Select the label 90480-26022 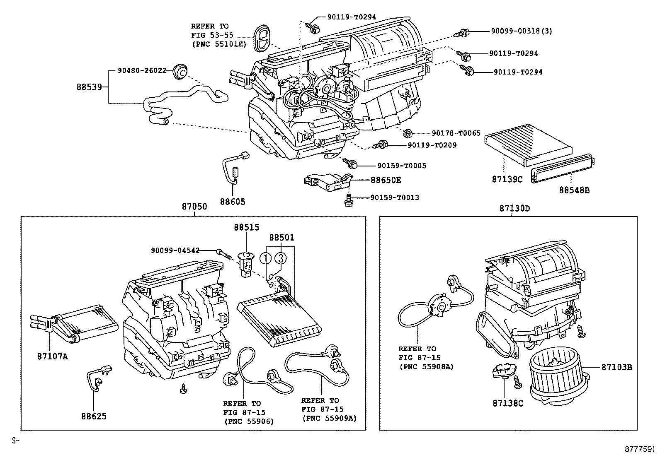pyautogui.click(x=142, y=71)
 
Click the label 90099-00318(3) pyautogui.click(x=522, y=31)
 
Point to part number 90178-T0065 pyautogui.click(x=456, y=133)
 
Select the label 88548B pyautogui.click(x=574, y=190)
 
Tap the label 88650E pyautogui.click(x=386, y=180)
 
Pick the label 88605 pyautogui.click(x=233, y=202)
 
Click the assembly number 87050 pyautogui.click(x=194, y=207)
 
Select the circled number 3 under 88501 pyautogui.click(x=281, y=258)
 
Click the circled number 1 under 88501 pyautogui.click(x=266, y=258)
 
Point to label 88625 pyautogui.click(x=93, y=416)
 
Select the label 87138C pyautogui.click(x=508, y=403)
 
